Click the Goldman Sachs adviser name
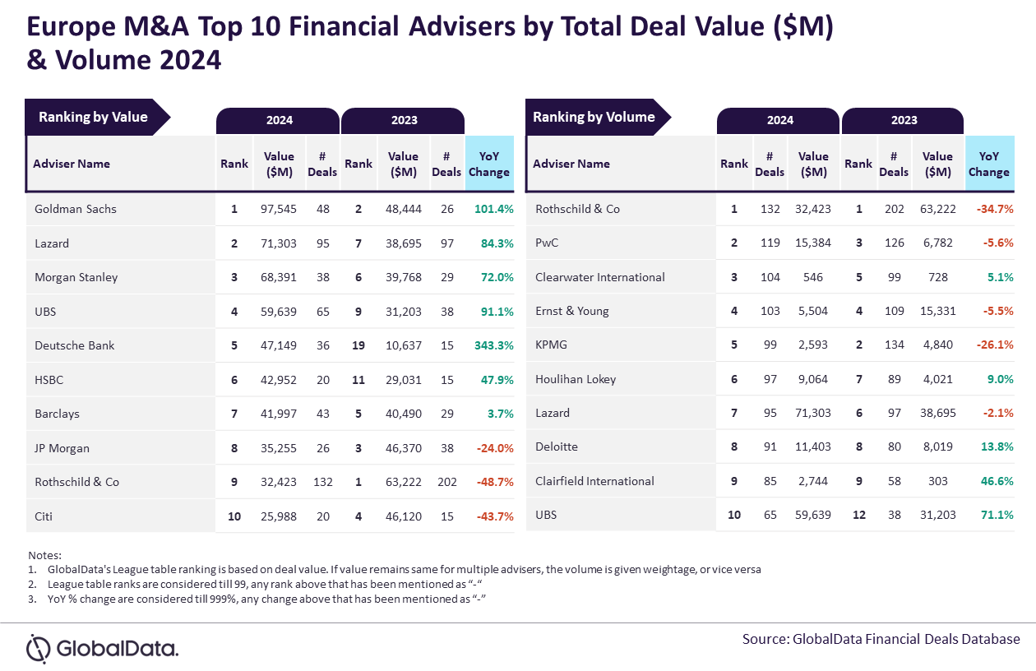click(76, 209)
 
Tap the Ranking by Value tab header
click(93, 117)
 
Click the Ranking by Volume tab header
click(594, 117)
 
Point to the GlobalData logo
click(102, 648)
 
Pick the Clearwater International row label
click(599, 277)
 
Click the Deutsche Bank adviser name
click(75, 345)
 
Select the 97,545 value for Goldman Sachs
click(280, 209)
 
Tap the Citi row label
click(44, 516)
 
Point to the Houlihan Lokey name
click(576, 379)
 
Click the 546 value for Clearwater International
click(813, 277)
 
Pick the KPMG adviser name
click(551, 345)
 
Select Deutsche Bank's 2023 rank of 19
click(358, 345)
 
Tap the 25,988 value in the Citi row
click(280, 516)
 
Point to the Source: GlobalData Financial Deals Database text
click(881, 639)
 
